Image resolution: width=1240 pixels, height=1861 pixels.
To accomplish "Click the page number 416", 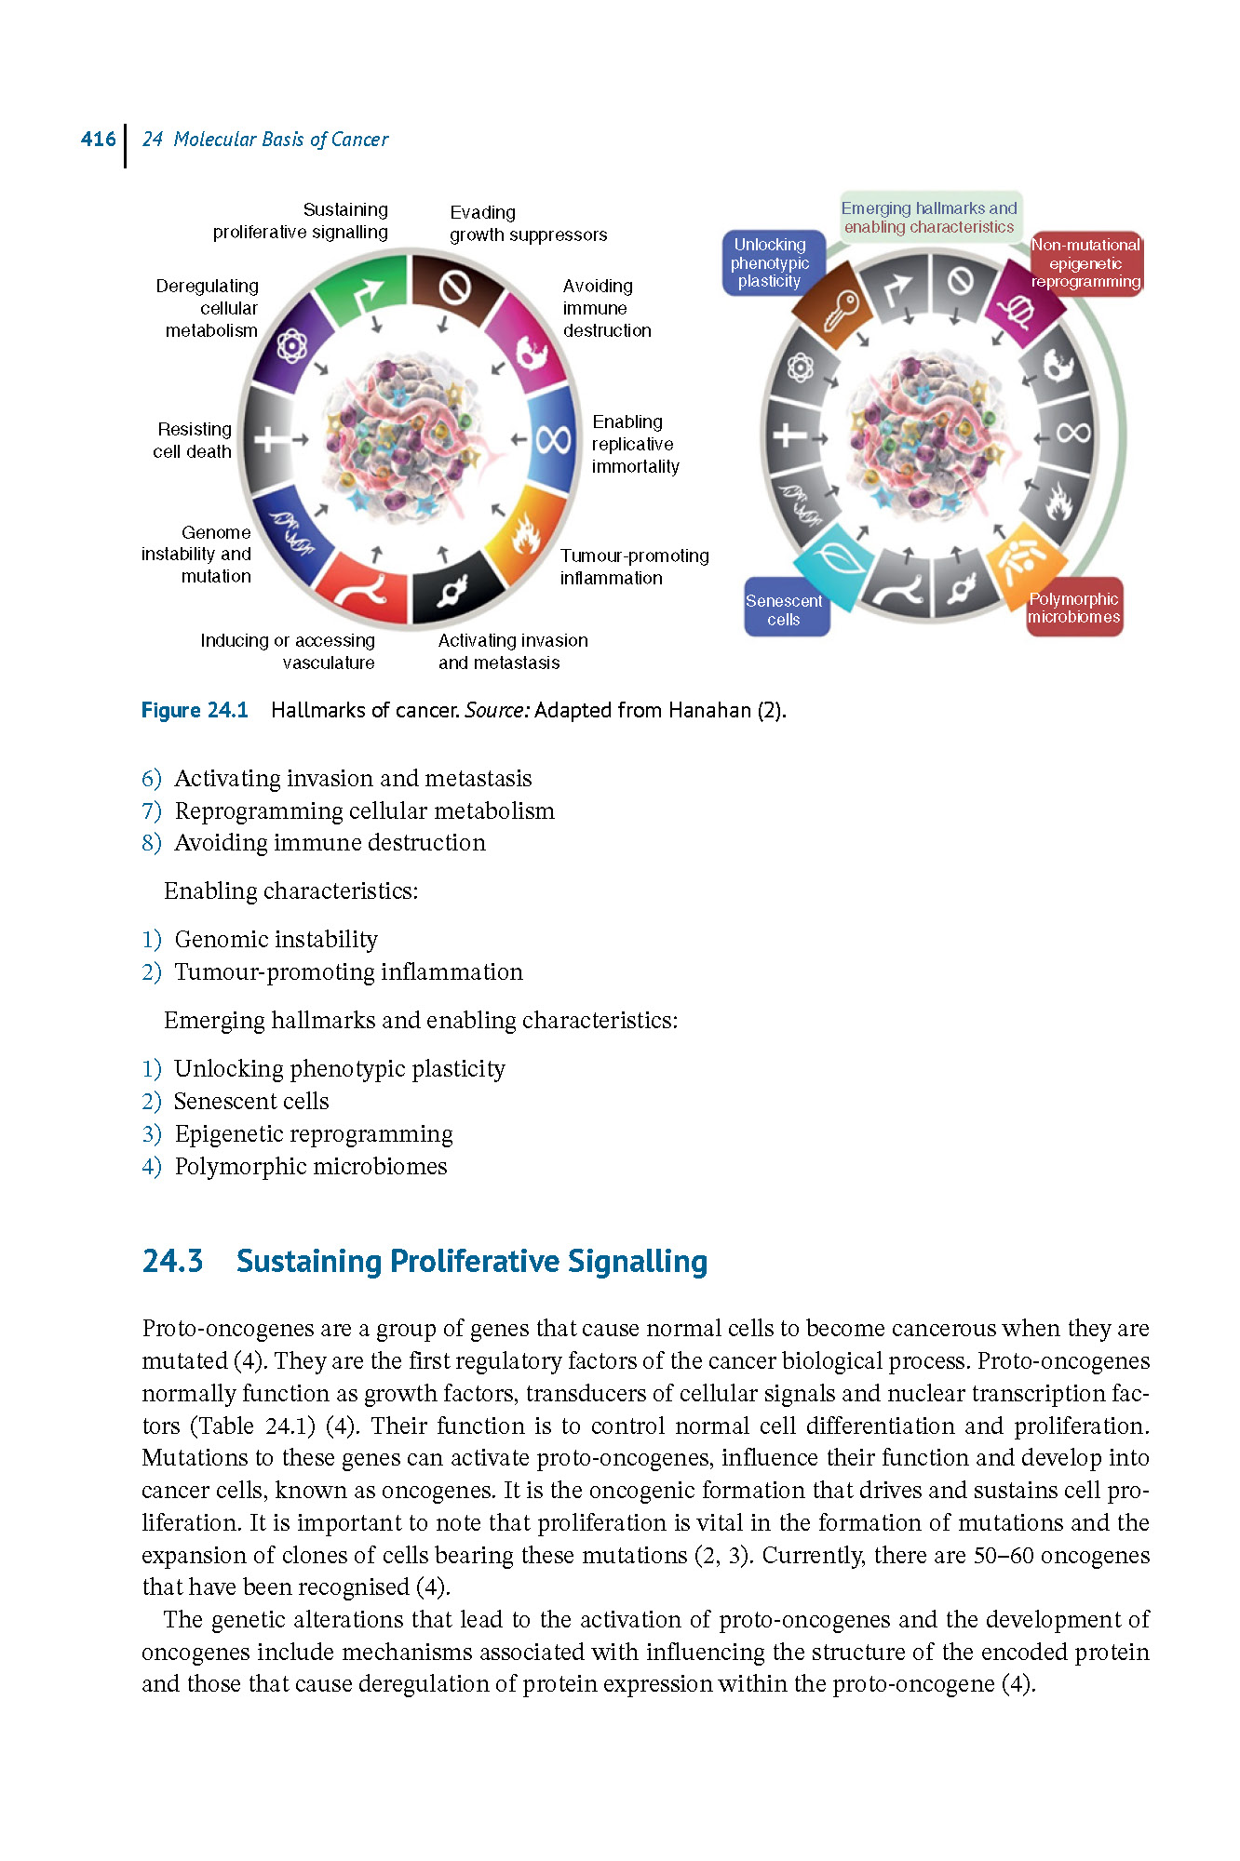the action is [x=98, y=140].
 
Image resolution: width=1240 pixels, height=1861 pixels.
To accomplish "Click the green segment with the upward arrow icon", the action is [x=363, y=291].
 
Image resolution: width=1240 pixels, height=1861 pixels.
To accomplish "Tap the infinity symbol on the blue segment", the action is [x=553, y=438].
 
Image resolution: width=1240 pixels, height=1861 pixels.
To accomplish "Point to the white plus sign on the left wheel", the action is [x=271, y=438].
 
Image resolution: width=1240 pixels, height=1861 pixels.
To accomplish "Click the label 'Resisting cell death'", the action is [x=193, y=440].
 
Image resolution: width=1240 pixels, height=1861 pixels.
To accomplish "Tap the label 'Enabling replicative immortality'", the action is [x=636, y=444].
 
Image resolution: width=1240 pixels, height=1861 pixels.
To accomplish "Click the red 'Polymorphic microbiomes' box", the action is [x=1074, y=608].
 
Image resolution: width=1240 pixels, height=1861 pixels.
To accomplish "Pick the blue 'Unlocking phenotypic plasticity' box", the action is [x=772, y=262].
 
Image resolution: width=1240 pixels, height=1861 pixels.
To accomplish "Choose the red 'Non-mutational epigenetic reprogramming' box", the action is [x=1086, y=263].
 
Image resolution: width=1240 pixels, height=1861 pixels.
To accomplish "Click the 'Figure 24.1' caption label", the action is [x=195, y=711].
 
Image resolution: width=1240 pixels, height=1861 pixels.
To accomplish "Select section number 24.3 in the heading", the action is [x=172, y=1261].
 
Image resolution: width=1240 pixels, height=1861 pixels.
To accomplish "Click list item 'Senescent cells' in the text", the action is [x=251, y=1102].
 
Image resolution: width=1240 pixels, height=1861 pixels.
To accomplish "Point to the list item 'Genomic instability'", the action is [x=276, y=940].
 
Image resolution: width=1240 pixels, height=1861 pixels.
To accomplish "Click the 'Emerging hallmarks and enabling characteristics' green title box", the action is [x=929, y=217].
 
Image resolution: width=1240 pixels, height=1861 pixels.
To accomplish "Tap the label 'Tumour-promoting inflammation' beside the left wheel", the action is [x=634, y=567].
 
